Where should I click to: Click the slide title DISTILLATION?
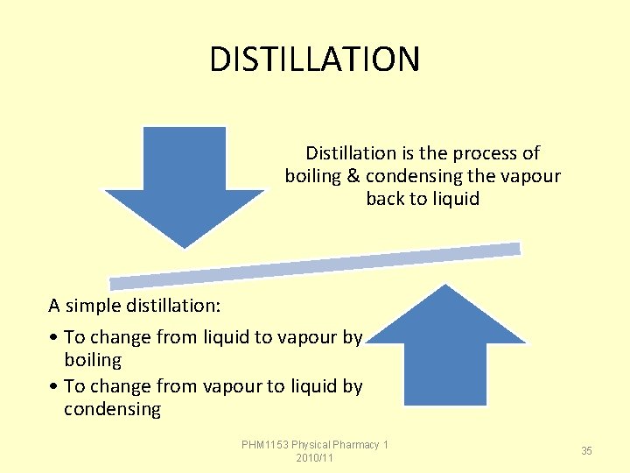315,60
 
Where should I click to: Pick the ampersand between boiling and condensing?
353,176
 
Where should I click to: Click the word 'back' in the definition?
385,199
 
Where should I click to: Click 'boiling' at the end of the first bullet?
93,360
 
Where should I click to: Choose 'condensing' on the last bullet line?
112,409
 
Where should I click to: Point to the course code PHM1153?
265,445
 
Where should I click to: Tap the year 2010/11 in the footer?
315,458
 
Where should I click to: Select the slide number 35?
586,450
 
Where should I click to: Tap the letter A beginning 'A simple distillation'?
54,306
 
